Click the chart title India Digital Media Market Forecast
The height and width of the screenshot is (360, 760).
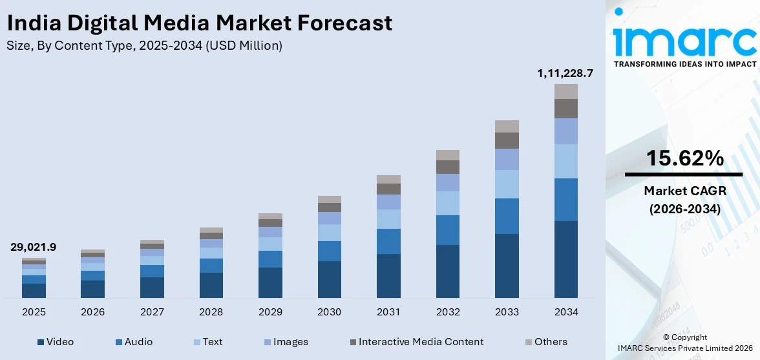click(199, 23)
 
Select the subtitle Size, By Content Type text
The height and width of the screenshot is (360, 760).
click(144, 45)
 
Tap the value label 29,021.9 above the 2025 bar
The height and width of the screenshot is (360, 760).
click(34, 247)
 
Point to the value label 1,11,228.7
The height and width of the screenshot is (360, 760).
click(565, 74)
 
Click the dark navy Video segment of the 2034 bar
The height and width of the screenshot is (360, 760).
click(565, 259)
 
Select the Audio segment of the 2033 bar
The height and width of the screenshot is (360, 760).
click(507, 216)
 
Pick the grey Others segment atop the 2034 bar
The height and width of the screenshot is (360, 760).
click(565, 91)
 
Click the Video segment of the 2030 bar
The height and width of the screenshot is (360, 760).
click(329, 279)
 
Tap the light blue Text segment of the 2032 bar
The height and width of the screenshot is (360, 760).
click(447, 203)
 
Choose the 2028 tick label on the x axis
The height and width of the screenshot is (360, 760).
click(211, 312)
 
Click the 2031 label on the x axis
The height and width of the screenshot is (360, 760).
click(388, 312)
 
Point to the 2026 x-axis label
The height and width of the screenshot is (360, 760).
click(92, 312)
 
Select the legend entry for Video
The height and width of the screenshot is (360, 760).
click(56, 342)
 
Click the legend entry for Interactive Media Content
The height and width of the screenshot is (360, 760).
click(416, 342)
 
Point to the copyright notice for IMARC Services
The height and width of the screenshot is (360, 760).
click(684, 343)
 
